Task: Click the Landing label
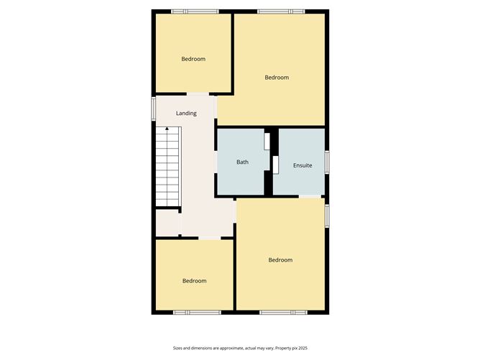[x=186, y=114]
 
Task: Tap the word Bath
[x=243, y=162]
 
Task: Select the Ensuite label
[x=303, y=166]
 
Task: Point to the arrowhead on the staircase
[x=167, y=129]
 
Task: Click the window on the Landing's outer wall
[x=153, y=109]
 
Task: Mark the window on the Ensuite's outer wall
[x=326, y=161]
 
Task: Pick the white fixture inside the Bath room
[x=266, y=142]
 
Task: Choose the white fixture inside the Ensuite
[x=274, y=164]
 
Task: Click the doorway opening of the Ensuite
[x=310, y=196]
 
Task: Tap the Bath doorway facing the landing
[x=216, y=161]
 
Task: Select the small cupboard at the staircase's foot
[x=167, y=222]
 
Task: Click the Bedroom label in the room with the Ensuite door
[x=280, y=260]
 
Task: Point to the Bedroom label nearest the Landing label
[x=193, y=59]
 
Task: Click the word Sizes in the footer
[x=178, y=348]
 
